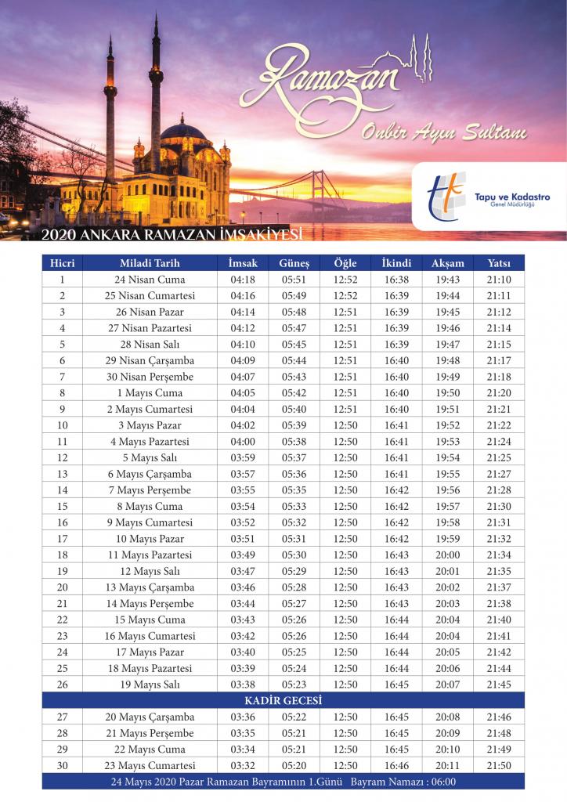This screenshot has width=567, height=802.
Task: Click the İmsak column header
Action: tap(243, 263)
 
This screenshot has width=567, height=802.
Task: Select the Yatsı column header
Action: tap(499, 263)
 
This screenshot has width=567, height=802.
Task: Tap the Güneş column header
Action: tap(294, 263)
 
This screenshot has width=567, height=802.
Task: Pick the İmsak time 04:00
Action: tap(243, 442)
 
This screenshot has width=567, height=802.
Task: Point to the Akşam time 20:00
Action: tap(448, 555)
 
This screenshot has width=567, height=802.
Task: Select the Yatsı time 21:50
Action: tap(499, 766)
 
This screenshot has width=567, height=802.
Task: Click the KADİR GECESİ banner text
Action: tap(283, 700)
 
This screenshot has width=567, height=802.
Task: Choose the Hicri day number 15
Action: tap(63, 507)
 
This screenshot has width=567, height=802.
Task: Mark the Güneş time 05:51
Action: tap(294, 280)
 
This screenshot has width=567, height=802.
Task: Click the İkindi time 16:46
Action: tap(396, 766)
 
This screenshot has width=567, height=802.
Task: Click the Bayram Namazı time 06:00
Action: tap(442, 782)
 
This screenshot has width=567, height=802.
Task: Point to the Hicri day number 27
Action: tap(63, 717)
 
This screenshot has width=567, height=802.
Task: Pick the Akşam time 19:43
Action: tap(448, 280)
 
